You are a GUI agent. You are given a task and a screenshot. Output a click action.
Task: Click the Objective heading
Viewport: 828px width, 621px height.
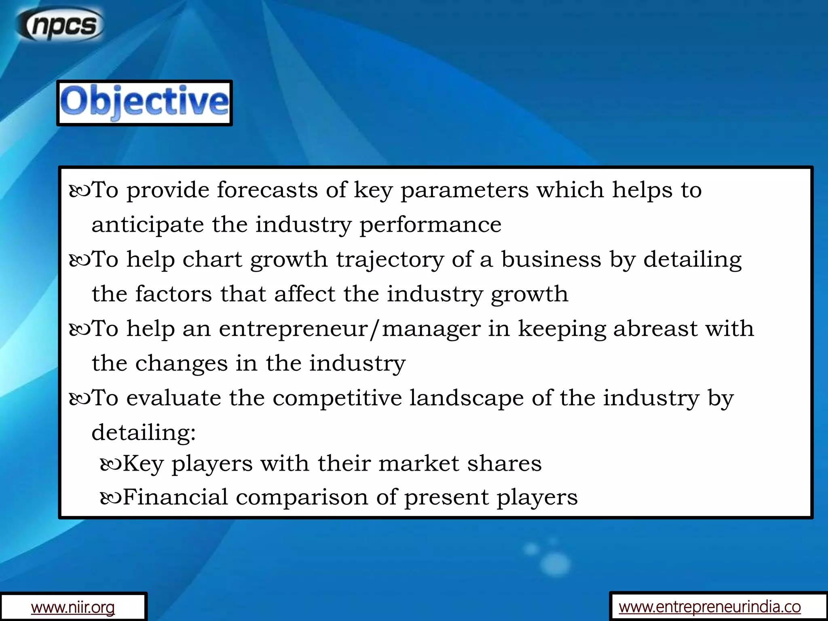[x=144, y=103]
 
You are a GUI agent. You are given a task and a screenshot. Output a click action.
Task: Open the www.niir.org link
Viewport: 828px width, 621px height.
[x=73, y=607]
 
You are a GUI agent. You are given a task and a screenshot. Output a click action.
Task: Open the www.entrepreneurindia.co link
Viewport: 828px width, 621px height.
[x=710, y=606]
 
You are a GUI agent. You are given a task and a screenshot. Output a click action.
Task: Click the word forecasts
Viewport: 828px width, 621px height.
[x=267, y=190]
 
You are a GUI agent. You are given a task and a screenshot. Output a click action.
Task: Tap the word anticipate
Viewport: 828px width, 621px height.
[x=148, y=225]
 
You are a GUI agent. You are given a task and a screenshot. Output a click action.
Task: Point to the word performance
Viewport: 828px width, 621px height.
[x=430, y=225]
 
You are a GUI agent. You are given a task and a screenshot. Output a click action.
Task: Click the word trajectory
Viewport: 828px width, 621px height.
[x=390, y=260]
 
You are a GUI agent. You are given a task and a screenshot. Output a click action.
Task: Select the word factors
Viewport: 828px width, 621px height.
[x=173, y=294]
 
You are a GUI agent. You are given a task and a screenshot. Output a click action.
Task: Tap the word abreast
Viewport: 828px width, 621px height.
[x=655, y=328]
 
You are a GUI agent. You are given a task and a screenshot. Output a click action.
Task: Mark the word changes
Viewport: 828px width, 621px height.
[x=182, y=363]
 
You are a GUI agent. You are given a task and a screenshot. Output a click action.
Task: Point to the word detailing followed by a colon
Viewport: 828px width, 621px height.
[x=144, y=433]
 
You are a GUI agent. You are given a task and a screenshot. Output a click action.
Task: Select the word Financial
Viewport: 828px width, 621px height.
[x=175, y=497]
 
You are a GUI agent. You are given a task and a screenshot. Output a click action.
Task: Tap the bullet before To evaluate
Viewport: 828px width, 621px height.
[x=80, y=399]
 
